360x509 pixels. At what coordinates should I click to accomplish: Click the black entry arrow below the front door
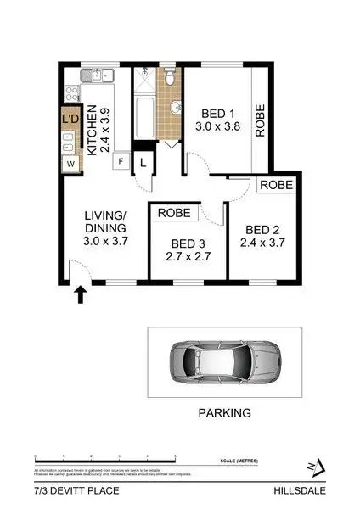point(81,294)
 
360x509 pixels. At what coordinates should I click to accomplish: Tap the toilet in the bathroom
point(171,80)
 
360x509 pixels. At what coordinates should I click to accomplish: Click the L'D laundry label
point(70,120)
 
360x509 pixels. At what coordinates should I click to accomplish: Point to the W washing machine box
point(70,162)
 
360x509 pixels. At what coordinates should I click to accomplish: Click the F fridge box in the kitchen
point(121,161)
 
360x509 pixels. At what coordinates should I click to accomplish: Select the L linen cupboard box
point(143,161)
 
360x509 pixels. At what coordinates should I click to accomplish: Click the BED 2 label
point(262,229)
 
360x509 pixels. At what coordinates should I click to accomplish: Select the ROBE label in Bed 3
point(174,213)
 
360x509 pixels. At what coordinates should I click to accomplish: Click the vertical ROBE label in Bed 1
point(260,119)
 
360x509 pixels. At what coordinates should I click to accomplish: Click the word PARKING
point(224,414)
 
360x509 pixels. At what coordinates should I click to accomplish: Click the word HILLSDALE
point(300,490)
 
